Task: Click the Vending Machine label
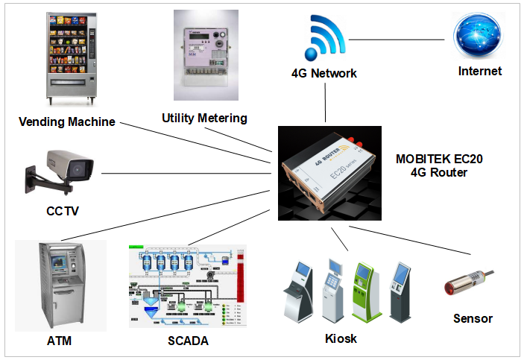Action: tap(67, 121)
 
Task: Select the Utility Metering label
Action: tap(204, 118)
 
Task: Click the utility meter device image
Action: tap(205, 54)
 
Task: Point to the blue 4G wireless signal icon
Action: tap(323, 38)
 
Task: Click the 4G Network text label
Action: tap(324, 74)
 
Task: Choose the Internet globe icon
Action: tap(480, 37)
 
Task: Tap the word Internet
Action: tap(480, 72)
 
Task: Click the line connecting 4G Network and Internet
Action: tap(400, 39)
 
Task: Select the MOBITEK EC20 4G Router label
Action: tap(432, 165)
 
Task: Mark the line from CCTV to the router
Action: tap(186, 173)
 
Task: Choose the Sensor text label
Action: tap(473, 318)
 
